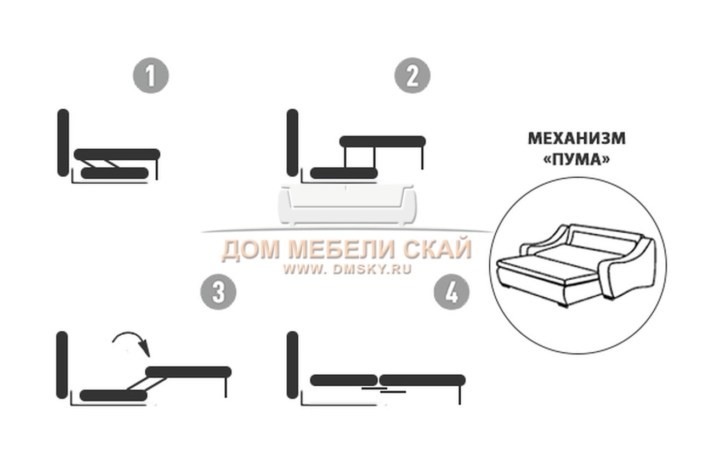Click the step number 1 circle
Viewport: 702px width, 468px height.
tap(151, 76)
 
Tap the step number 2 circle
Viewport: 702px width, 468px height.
tap(412, 76)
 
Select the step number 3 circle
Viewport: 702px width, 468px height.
tap(218, 292)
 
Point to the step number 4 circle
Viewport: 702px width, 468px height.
tap(451, 292)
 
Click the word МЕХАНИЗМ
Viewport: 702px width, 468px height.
tap(576, 139)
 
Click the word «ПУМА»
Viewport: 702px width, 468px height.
tap(576, 159)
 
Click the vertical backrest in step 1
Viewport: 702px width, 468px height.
tap(63, 143)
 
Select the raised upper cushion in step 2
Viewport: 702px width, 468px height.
tap(383, 142)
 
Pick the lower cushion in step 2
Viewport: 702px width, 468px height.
tap(344, 173)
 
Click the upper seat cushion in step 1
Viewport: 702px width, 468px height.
tap(117, 154)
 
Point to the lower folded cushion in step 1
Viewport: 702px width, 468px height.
tap(115, 173)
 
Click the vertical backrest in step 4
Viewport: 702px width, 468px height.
tap(292, 365)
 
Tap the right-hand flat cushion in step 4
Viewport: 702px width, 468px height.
tap(422, 380)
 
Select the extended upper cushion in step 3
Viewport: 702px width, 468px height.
tap(189, 372)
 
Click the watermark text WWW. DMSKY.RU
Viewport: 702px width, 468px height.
tap(347, 269)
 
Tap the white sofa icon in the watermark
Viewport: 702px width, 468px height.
tap(347, 205)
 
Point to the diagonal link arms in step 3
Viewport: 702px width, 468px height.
tap(146, 384)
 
